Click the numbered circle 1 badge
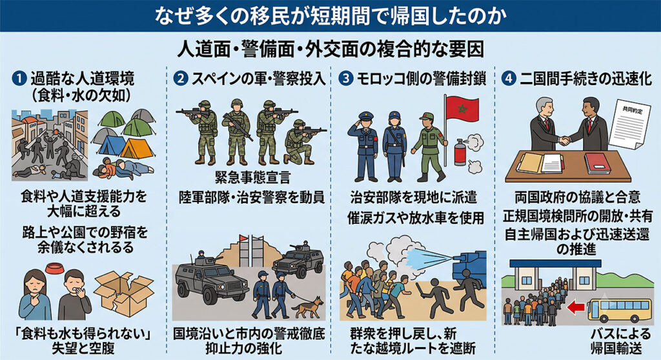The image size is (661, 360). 19,78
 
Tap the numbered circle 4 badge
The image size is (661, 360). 509,78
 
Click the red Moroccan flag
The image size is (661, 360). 462,108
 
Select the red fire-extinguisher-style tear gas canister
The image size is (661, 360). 460,152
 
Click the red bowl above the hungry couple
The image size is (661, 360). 54,268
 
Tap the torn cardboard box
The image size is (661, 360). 123,293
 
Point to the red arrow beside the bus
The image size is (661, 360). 576,307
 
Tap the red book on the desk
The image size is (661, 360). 597,163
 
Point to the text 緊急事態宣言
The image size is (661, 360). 252,177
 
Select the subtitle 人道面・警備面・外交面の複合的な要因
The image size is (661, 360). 330,49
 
